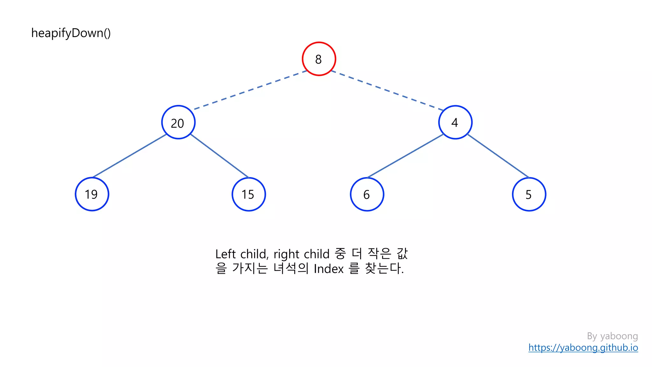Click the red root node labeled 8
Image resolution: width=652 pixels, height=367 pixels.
(319, 59)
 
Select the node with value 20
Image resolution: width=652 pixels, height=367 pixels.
(178, 122)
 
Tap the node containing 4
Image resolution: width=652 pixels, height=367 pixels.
(455, 122)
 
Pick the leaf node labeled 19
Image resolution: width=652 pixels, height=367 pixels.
(92, 194)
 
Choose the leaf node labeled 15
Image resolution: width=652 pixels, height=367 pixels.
(249, 194)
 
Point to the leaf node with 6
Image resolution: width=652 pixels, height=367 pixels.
(367, 194)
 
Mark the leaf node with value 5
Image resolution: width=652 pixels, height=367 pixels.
(529, 194)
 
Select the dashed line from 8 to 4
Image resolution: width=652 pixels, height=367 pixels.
(387, 90)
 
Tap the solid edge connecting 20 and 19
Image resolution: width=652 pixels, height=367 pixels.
(130, 156)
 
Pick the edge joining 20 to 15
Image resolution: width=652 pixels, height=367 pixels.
(219, 156)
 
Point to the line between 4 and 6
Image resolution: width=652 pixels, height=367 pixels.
(405, 156)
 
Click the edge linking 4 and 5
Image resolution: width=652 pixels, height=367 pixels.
(498, 156)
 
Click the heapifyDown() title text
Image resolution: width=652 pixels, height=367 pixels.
(71, 33)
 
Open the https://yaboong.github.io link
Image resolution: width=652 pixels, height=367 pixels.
(583, 348)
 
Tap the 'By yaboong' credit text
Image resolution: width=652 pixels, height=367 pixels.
(612, 336)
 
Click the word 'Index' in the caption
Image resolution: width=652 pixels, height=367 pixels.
(329, 269)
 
